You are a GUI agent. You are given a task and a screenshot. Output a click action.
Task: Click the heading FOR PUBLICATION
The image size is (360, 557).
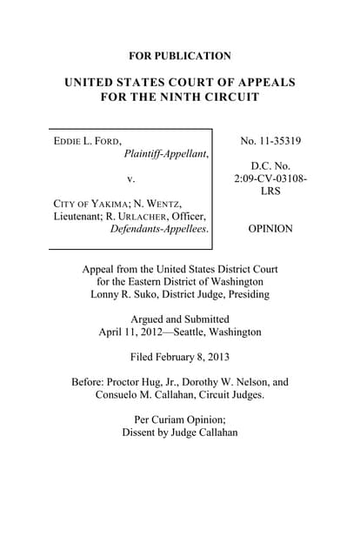pyautogui.click(x=180, y=56)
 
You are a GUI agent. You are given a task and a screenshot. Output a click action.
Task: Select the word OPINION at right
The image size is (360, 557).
pyautogui.click(x=270, y=229)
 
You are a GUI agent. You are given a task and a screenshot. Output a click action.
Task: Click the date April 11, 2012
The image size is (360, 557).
pyautogui.click(x=129, y=331)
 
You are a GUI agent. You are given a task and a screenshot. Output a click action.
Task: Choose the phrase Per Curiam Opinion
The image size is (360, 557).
pyautogui.click(x=180, y=419)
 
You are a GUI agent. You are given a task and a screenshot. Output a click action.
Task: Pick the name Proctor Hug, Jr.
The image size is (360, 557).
pyautogui.click(x=138, y=381)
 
